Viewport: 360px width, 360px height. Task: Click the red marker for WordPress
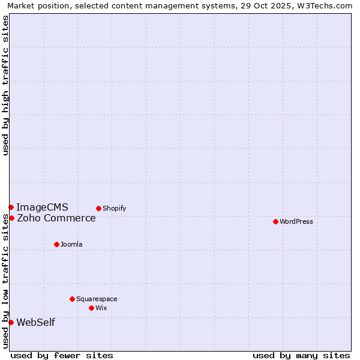point(275,221)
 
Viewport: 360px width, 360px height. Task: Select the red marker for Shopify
point(98,208)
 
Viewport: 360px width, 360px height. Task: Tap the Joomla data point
point(56,244)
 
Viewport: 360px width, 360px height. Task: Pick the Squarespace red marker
point(72,299)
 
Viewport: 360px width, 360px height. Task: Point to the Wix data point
point(91,308)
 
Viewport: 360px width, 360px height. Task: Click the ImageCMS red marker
point(11,207)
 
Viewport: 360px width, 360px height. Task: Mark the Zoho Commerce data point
point(11,218)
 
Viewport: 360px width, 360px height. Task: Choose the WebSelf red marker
point(11,322)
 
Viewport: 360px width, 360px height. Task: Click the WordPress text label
point(296,221)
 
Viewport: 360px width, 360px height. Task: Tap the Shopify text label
point(114,208)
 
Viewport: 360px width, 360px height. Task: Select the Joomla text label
point(71,244)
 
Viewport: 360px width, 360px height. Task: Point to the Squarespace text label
point(97,299)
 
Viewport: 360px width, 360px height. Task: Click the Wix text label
point(101,308)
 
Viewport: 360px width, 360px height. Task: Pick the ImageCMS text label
point(42,207)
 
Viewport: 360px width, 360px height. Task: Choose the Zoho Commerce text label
point(56,218)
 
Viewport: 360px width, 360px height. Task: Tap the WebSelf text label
point(35,322)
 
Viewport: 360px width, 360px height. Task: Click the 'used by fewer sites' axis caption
point(62,355)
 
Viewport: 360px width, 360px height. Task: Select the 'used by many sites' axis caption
point(301,355)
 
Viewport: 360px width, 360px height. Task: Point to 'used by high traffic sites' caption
point(5,85)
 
